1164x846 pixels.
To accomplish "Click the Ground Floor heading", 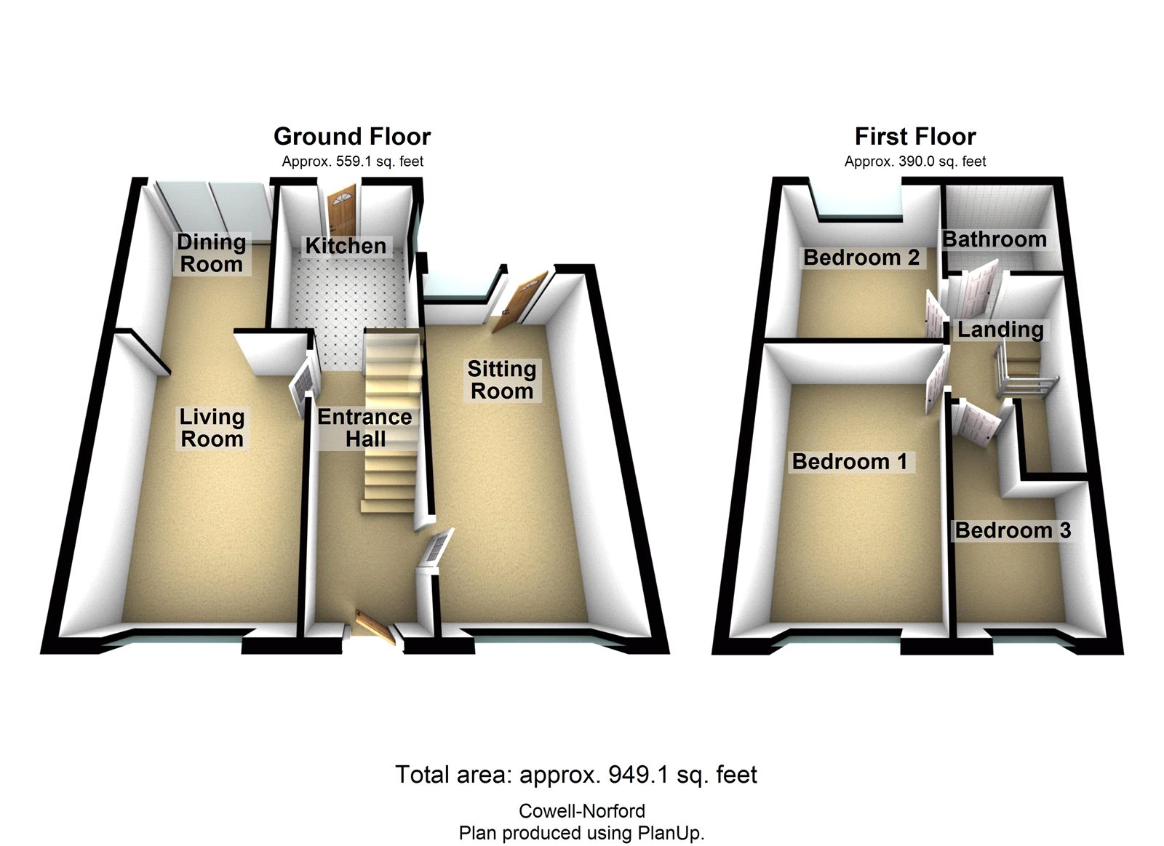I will [352, 136].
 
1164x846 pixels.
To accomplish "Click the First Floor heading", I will [915, 136].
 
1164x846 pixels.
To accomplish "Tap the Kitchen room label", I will [346, 246].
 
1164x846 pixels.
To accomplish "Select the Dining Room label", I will [211, 252].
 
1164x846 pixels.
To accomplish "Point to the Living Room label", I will [212, 428].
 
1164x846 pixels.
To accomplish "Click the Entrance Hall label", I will [365, 428].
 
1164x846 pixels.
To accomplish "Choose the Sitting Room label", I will [502, 380].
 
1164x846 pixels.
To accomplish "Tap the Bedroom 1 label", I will [850, 461].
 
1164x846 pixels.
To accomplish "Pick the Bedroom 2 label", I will [861, 258].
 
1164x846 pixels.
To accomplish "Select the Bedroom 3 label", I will [1013, 530].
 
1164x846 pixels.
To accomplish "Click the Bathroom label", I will [994, 239].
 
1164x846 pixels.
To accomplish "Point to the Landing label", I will [1000, 330].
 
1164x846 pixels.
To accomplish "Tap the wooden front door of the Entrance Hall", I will [376, 627].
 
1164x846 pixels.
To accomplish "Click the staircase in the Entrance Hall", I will [391, 422].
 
